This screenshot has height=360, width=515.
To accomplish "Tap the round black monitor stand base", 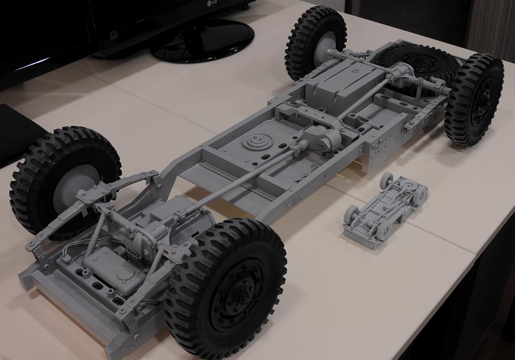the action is pos(202,41).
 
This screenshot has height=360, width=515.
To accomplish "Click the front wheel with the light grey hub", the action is pos(65,183).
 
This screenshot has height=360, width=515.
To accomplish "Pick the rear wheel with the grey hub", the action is pos(315,43).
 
